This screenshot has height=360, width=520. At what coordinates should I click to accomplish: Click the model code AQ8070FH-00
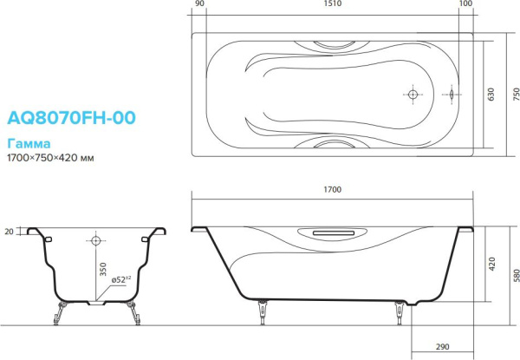(71, 118)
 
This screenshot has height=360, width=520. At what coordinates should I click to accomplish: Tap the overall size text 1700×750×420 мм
(50, 159)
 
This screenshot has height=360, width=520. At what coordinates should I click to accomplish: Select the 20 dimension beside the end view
(10, 232)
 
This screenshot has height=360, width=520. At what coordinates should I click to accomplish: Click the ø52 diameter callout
(120, 278)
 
